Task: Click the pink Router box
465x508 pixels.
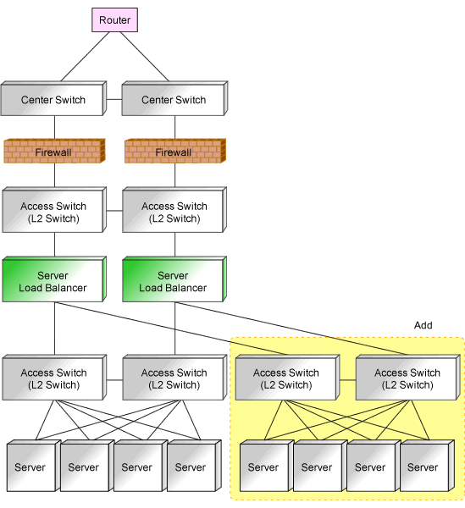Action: tap(114, 20)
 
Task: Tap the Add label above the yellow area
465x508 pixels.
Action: tap(423, 325)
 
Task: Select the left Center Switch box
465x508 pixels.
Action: tap(54, 98)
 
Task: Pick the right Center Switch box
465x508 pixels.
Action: tap(174, 98)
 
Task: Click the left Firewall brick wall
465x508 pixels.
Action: tap(54, 151)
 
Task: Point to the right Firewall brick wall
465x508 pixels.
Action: tap(175, 151)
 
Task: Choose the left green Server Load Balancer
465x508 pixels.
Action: tap(54, 279)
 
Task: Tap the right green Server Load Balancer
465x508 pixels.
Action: tap(174, 279)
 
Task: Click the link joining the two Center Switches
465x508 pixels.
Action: tap(114, 99)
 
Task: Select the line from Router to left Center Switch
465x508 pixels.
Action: tap(85, 57)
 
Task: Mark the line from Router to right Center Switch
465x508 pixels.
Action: tap(145, 57)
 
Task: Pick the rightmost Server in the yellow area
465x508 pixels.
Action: tap(428, 466)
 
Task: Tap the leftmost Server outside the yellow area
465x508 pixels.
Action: tap(34, 466)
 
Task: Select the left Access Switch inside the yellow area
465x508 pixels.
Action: tap(287, 378)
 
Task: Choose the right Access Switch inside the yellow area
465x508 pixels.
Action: tap(408, 378)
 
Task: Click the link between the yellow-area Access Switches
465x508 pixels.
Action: tap(348, 380)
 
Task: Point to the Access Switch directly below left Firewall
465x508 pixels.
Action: tap(54, 210)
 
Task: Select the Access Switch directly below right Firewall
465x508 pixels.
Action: tap(174, 210)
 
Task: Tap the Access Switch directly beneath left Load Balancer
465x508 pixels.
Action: tap(54, 378)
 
